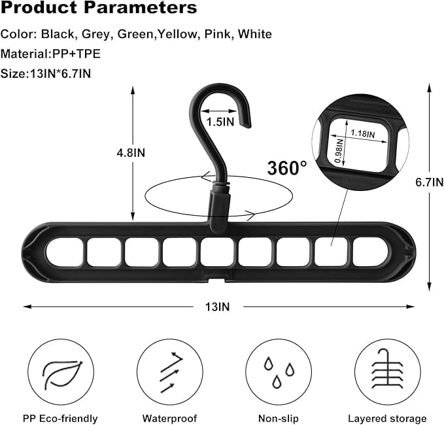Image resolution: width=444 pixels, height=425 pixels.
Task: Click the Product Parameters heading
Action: (98, 9)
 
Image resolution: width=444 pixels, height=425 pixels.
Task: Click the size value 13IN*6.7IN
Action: (58, 73)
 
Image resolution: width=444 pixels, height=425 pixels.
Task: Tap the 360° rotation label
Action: (286, 167)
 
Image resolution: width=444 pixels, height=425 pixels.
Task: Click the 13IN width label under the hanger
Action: (219, 305)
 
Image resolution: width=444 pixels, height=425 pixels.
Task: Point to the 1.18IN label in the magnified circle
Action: (362, 133)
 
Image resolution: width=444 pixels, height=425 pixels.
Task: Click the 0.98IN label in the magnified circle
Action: (339, 152)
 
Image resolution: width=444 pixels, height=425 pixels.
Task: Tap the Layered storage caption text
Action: (386, 418)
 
